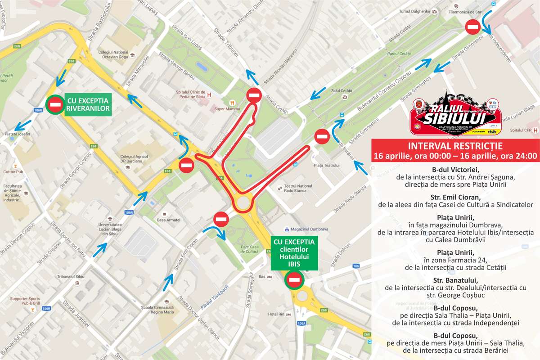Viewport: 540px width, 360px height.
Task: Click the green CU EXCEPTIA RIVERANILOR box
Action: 88,105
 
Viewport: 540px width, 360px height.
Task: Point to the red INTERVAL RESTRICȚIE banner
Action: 455,151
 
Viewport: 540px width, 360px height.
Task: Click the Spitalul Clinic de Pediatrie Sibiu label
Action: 190,95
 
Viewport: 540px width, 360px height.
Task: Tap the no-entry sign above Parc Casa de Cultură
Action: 221,220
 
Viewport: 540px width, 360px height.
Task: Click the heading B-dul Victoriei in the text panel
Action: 455,170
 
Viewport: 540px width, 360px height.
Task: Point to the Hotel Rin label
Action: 276,314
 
